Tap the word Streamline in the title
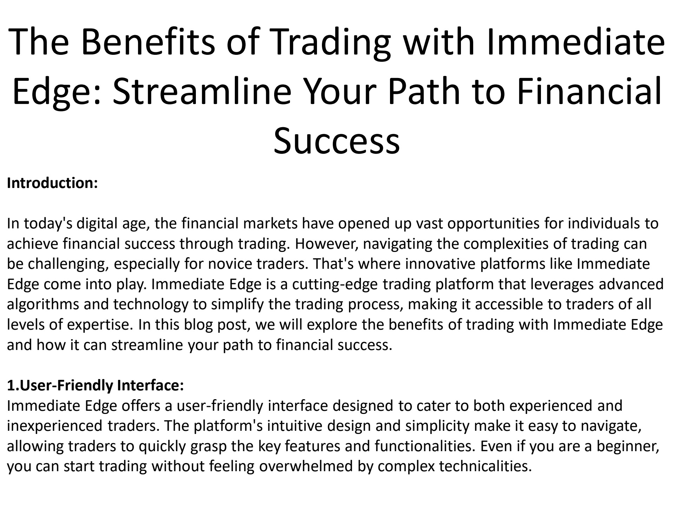pyautogui.click(x=202, y=90)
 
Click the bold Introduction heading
pyautogui.click(x=52, y=183)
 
